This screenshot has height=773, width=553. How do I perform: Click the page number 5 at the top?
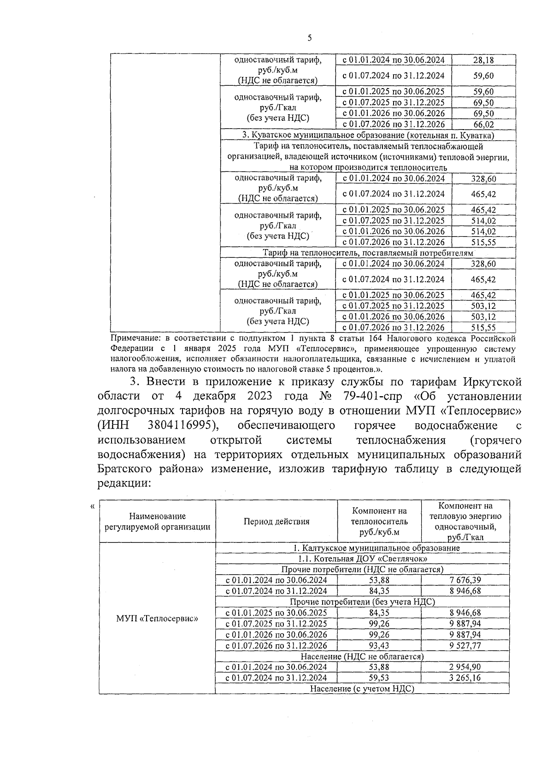point(309,38)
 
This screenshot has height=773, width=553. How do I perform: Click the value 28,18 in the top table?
point(483,60)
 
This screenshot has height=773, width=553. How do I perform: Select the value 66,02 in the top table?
point(483,125)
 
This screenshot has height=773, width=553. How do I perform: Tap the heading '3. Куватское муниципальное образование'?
point(368,135)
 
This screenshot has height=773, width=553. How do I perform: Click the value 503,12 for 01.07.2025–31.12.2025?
point(483,306)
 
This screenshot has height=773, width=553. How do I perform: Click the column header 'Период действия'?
point(276,522)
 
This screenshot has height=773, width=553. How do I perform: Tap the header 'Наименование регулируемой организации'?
point(157,522)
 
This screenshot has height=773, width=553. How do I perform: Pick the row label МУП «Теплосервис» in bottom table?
point(157,618)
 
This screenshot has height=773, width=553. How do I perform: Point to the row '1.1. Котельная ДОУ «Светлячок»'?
point(362,559)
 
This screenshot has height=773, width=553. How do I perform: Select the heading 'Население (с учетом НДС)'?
point(362,689)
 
